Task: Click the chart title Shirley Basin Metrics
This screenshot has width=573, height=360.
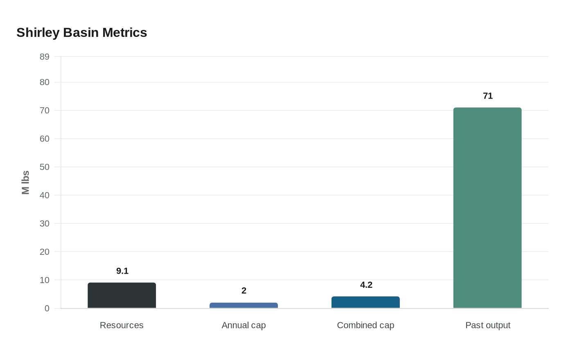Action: (x=81, y=32)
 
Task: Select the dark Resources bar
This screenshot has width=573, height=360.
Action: (x=122, y=295)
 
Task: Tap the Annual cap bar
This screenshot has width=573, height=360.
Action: (x=244, y=305)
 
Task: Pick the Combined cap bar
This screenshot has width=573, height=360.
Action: (x=365, y=302)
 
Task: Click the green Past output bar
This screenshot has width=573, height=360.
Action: (x=487, y=208)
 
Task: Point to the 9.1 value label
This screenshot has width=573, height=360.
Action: (x=122, y=271)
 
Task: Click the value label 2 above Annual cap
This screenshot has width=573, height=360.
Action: (x=244, y=290)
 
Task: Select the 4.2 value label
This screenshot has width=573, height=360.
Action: (x=366, y=285)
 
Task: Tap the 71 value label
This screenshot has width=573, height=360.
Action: (x=487, y=96)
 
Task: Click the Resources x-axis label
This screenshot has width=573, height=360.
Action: (x=122, y=325)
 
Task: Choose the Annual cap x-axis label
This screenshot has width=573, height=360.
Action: (x=244, y=325)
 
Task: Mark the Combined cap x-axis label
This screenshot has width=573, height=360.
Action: (x=365, y=325)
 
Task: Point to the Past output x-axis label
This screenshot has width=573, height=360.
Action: (x=487, y=325)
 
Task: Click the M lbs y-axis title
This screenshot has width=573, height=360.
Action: (x=26, y=182)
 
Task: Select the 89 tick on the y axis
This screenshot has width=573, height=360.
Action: (x=44, y=57)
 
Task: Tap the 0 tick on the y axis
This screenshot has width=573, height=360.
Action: (x=47, y=308)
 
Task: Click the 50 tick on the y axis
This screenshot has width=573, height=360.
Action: (x=44, y=167)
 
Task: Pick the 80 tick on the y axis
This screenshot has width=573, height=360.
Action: (x=44, y=82)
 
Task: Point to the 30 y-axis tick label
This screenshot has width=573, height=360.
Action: (x=44, y=223)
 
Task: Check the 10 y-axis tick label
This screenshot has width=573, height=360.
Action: (x=44, y=280)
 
